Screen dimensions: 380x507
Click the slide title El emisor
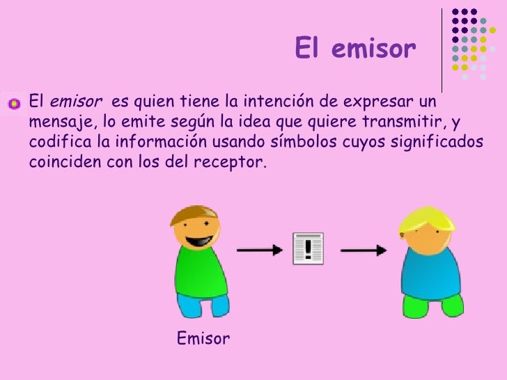354,49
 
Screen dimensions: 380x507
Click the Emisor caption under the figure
203,339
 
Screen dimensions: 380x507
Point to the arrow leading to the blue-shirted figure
363,249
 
